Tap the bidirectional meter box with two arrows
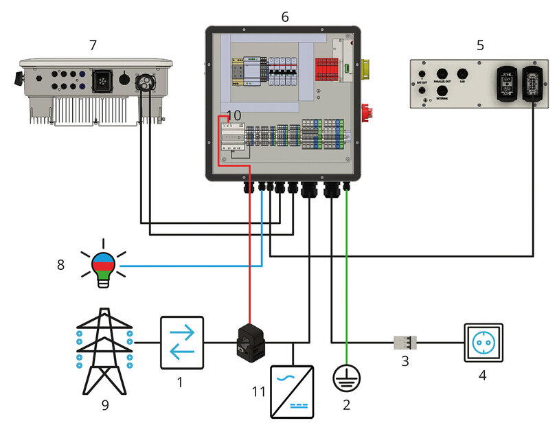[181, 341]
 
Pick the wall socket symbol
[484, 343]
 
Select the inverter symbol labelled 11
[294, 387]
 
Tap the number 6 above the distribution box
[284, 16]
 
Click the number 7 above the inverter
[93, 45]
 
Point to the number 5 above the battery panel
[480, 45]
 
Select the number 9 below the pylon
[105, 405]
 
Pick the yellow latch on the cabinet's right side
[366, 67]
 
